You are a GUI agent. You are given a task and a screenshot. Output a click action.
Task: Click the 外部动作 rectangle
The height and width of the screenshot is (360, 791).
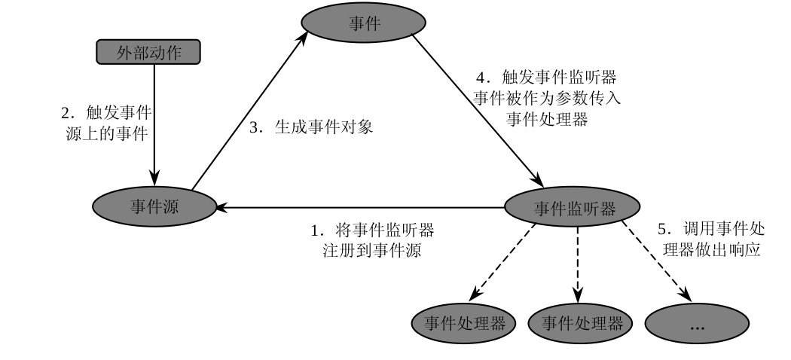point(150,52)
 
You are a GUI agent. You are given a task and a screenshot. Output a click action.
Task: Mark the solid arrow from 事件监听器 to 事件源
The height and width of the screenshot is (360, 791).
point(362,207)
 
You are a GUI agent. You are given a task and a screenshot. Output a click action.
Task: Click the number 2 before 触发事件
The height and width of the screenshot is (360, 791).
point(65,113)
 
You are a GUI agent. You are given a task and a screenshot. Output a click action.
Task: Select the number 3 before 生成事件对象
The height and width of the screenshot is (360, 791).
point(255,127)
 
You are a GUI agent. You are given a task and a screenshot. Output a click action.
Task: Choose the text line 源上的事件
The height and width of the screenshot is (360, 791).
point(105,133)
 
